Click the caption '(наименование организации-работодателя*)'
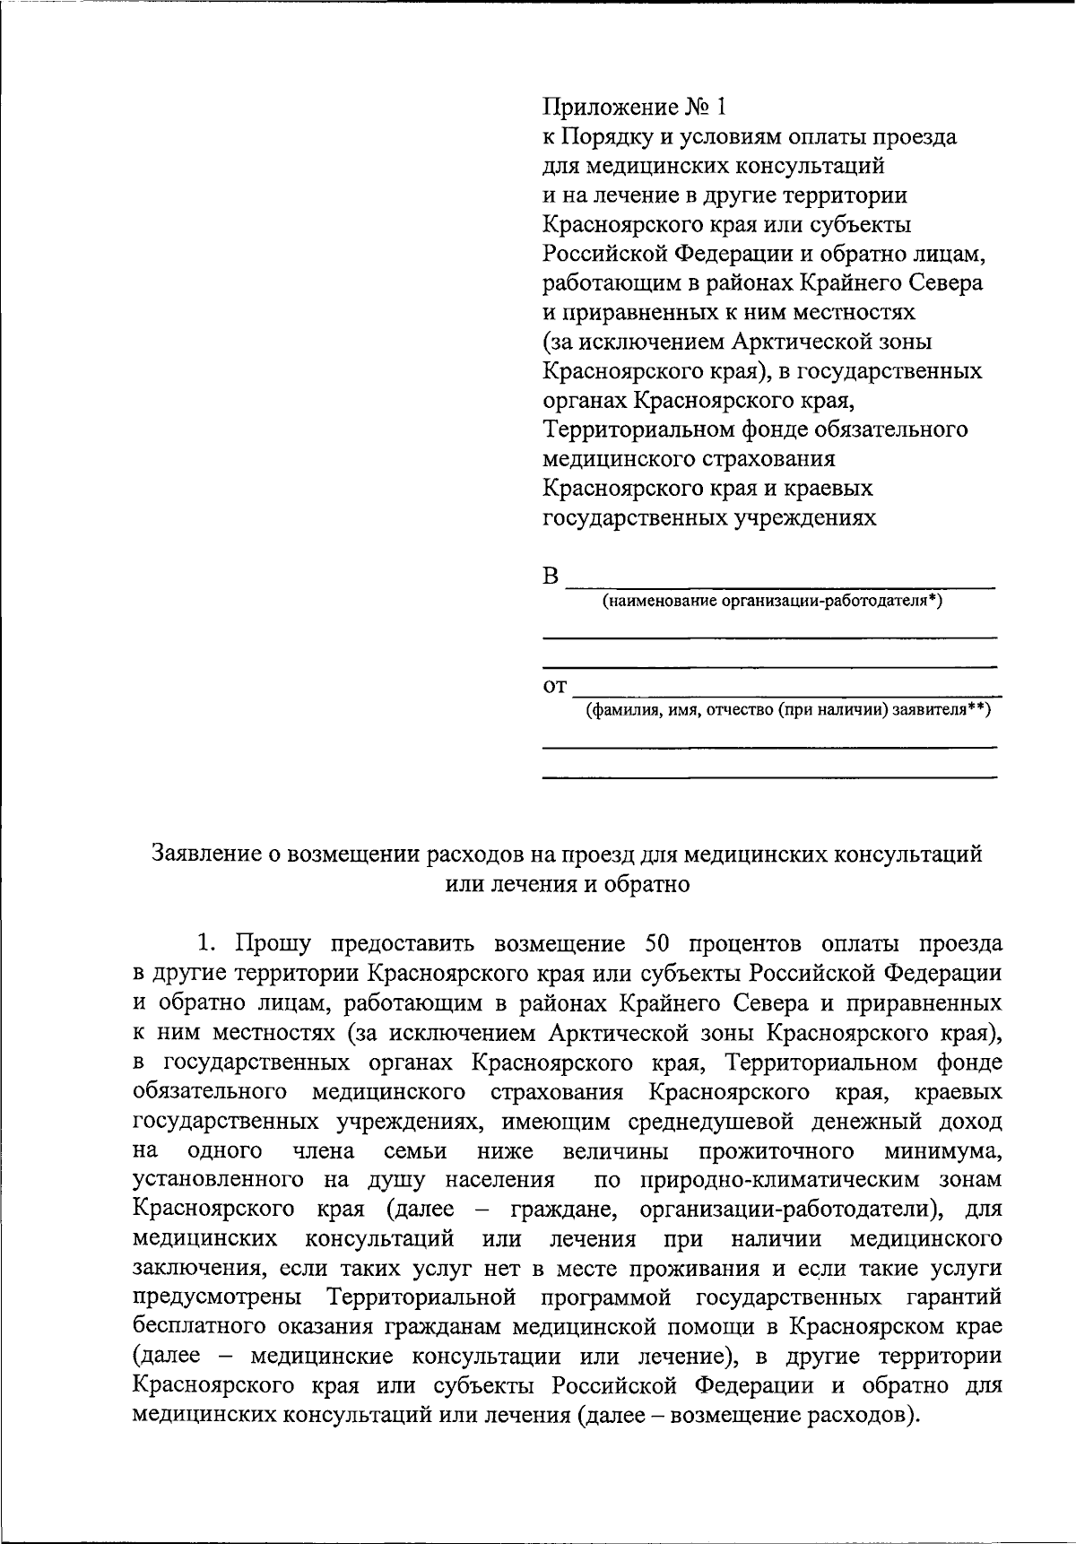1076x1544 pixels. (772, 601)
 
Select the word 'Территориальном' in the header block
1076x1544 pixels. (639, 430)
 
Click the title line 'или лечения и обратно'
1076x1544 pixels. (567, 884)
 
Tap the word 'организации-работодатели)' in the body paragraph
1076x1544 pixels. (792, 1210)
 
